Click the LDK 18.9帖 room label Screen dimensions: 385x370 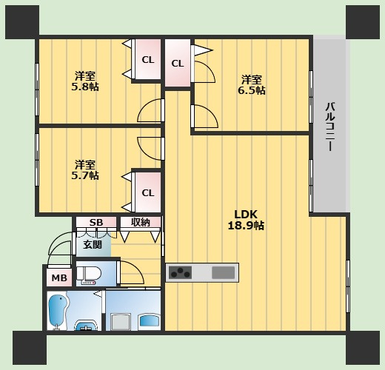pos(246,220)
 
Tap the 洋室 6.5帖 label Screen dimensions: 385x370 pos(252,85)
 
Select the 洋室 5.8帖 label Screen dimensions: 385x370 pos(85,81)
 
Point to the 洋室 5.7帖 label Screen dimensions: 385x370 pos(85,169)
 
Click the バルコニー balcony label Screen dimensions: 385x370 pos(330,127)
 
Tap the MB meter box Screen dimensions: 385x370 pos(59,277)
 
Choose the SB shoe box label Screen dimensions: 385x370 pos(96,223)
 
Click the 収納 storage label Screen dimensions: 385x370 pos(141,222)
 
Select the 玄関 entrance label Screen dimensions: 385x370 pos(93,245)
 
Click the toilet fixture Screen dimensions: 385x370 pos(89,275)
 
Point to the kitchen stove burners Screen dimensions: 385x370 pos(180,272)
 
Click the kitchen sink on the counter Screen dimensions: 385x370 pos(223,272)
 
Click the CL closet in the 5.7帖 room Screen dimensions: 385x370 pos(148,192)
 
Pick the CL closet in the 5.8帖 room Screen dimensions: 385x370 pos(148,59)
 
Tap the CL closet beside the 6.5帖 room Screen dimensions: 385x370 pos(178,63)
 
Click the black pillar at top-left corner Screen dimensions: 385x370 pos(22,22)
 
